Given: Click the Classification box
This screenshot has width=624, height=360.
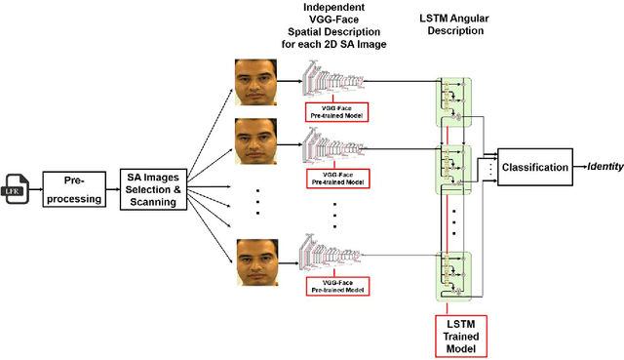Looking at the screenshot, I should pos(533,167).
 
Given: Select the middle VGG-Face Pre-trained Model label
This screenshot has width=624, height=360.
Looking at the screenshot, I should pos(337,176).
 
